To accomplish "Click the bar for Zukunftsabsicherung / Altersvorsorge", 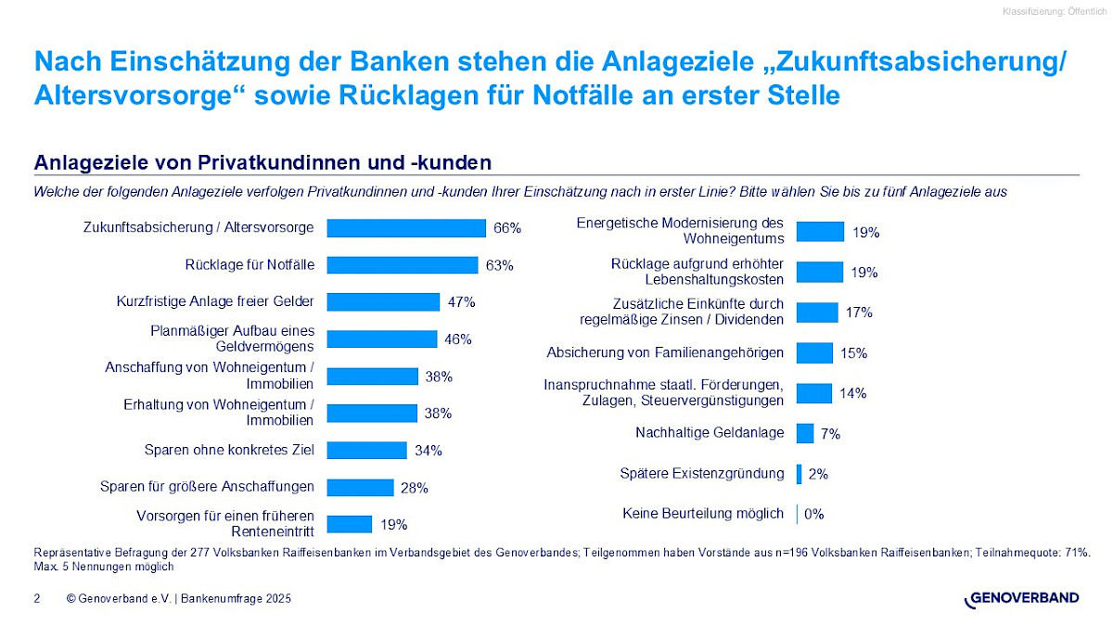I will pyautogui.click(x=406, y=228).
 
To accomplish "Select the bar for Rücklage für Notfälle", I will pyautogui.click(x=403, y=265).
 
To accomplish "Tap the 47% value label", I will pyautogui.click(x=462, y=302).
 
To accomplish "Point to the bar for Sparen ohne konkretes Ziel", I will pyautogui.click(x=367, y=451).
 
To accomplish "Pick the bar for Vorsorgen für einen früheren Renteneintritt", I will pyautogui.click(x=350, y=524).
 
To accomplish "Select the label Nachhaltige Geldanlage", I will pyautogui.click(x=710, y=433).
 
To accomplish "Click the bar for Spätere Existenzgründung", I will pyautogui.click(x=800, y=474).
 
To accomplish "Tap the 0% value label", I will pyautogui.click(x=813, y=514).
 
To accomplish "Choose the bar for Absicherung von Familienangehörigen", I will pyautogui.click(x=814, y=353).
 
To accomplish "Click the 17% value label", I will pyautogui.click(x=859, y=313).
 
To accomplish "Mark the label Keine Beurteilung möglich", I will pyautogui.click(x=702, y=513).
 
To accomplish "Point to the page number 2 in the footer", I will pyautogui.click(x=37, y=600).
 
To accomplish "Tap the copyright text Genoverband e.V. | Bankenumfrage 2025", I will pyautogui.click(x=179, y=600).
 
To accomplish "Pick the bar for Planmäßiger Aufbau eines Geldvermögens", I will pyautogui.click(x=382, y=339).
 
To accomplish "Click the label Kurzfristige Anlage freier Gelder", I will pyautogui.click(x=215, y=301).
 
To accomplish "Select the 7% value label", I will pyautogui.click(x=831, y=434).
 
